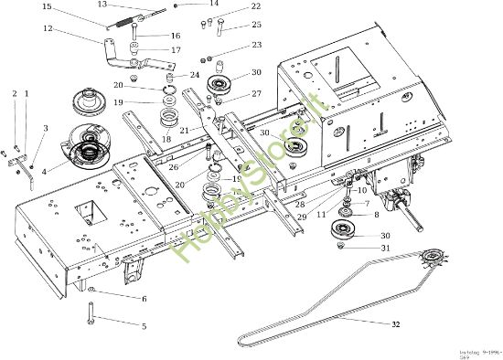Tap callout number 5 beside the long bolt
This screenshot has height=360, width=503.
[143, 325]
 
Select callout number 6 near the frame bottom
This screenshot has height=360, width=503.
[143, 299]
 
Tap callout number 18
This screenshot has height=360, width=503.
[166, 138]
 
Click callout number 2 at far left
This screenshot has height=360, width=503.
[15, 93]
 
